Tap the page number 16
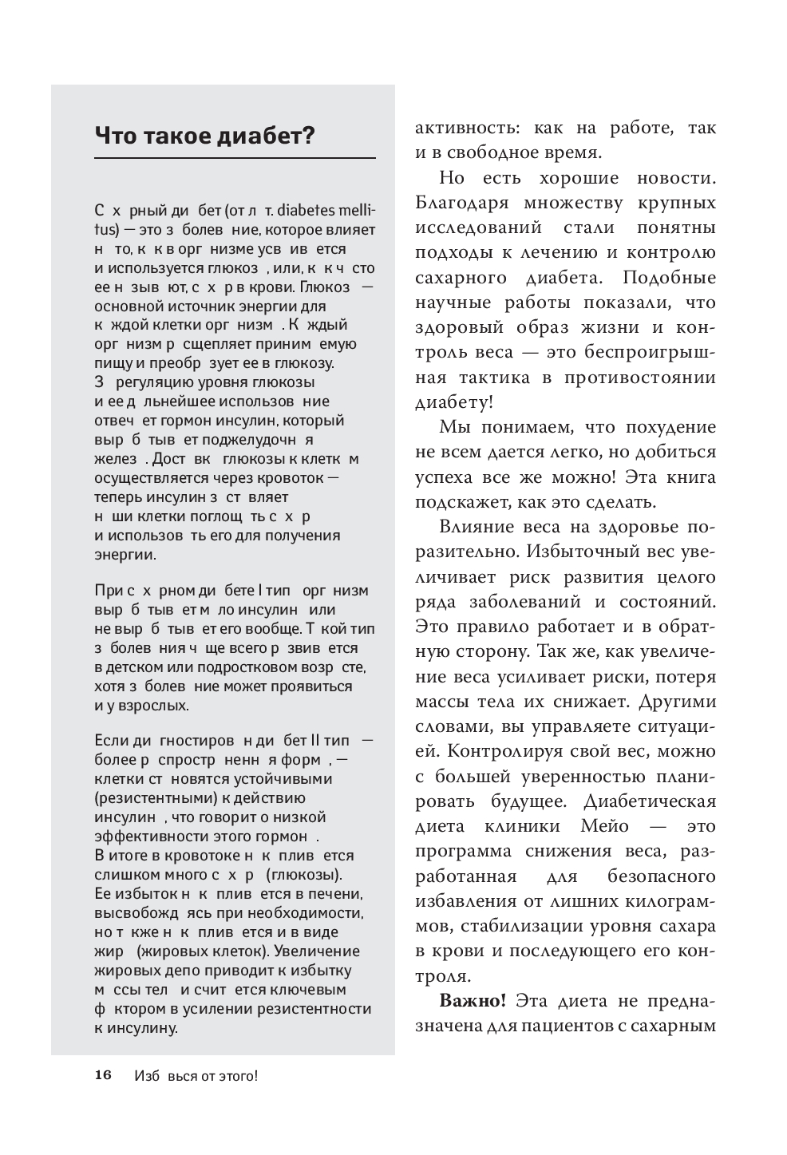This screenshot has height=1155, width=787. [x=104, y=1075]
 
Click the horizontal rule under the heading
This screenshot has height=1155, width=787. [x=235, y=159]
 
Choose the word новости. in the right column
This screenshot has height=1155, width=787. [x=677, y=178]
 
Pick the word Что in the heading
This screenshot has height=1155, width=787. [x=115, y=136]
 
